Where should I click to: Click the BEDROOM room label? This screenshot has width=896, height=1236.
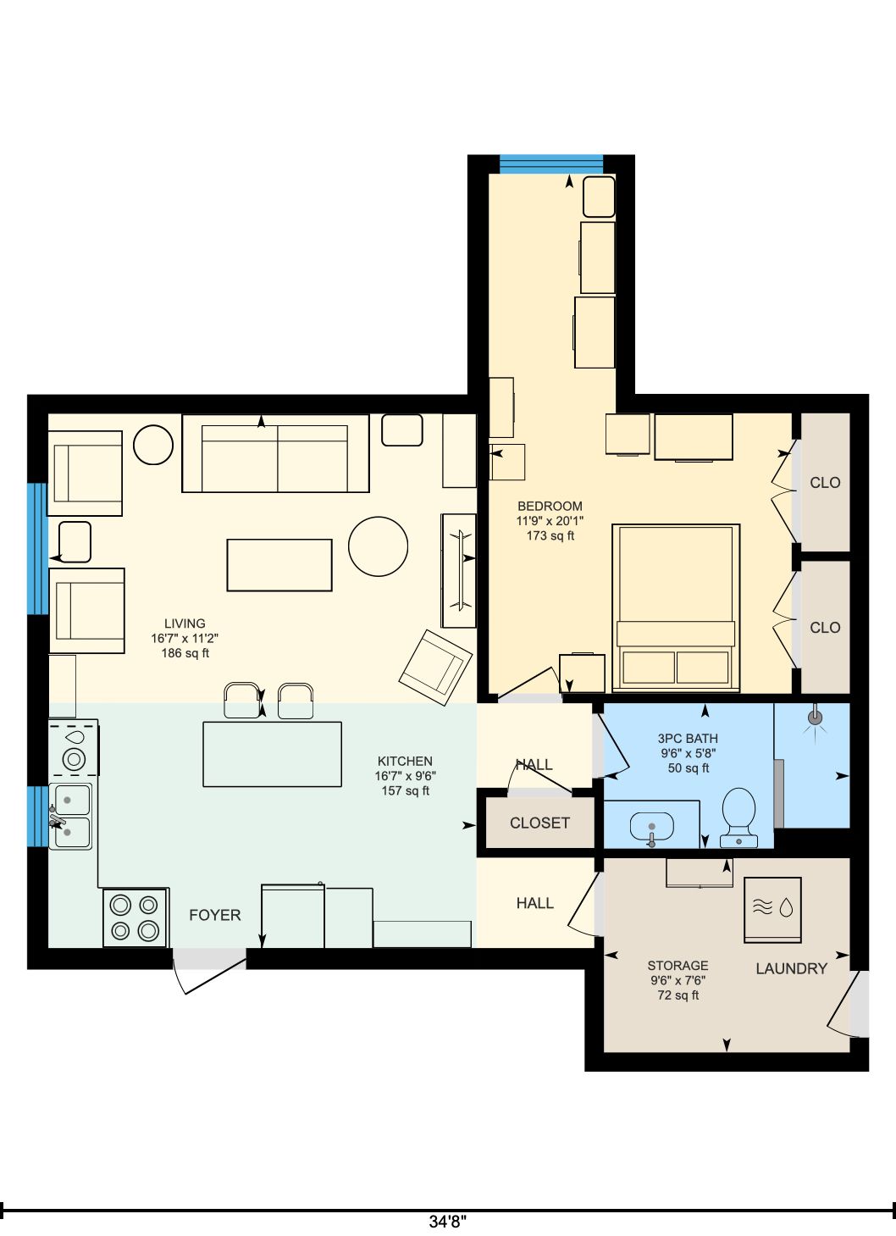tap(550, 506)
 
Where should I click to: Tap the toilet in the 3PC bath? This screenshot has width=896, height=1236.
tap(738, 818)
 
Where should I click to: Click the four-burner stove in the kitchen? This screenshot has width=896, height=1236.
tap(135, 917)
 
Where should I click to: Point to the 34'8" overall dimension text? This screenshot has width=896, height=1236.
tap(447, 1221)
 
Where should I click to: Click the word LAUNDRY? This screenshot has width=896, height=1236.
tap(791, 968)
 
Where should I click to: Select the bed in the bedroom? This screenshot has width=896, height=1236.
tap(676, 607)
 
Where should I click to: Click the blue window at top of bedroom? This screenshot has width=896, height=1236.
tap(551, 164)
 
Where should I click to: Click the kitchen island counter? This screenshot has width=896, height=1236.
tap(272, 754)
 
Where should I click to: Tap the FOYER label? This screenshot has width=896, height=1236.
tap(214, 916)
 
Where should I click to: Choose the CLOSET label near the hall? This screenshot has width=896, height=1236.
tap(539, 823)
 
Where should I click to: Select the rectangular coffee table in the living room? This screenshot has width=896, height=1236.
tap(279, 565)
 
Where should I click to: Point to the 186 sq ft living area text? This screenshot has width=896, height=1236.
tap(185, 653)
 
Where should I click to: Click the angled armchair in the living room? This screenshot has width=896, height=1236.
tap(435, 668)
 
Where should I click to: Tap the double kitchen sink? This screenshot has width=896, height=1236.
tap(69, 816)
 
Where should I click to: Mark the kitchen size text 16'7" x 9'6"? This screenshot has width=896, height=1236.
tap(405, 775)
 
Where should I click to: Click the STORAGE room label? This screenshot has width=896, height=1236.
tap(678, 966)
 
